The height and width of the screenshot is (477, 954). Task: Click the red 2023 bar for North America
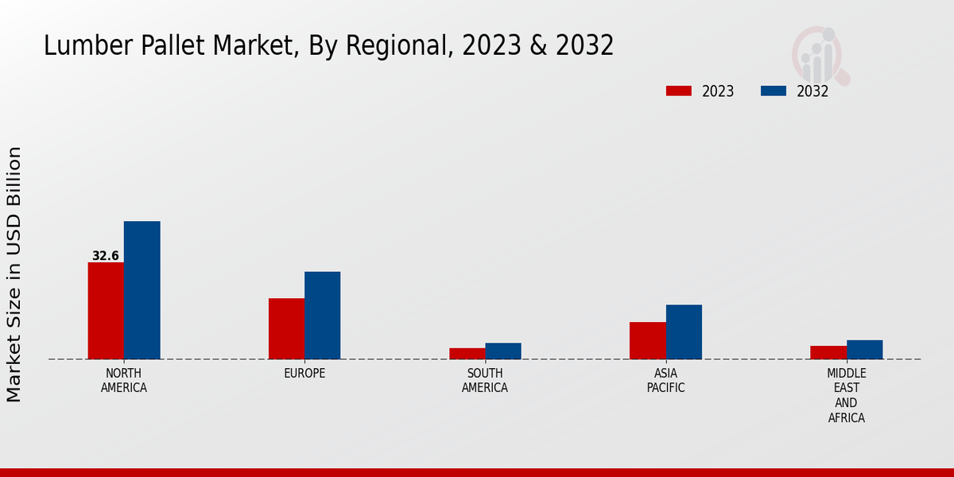[x=106, y=311]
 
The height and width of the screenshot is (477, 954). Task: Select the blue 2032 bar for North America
[x=142, y=290]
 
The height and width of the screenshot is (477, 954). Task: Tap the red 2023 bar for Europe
[x=286, y=328]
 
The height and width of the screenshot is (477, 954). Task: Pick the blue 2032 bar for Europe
[x=322, y=316]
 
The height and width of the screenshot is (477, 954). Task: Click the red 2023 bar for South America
[x=467, y=354]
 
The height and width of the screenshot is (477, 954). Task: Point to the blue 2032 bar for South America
[x=503, y=351]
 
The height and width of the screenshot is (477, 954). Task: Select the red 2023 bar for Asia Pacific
[x=647, y=340]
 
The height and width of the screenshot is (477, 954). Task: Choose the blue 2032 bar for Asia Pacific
[x=684, y=332]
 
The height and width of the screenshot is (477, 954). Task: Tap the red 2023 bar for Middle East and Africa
[x=828, y=352]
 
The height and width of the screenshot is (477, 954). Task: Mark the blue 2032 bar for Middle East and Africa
[x=864, y=350]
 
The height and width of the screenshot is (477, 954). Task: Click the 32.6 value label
[x=105, y=256]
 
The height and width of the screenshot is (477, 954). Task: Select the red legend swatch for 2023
[x=678, y=91]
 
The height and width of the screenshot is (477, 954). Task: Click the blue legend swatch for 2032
[x=773, y=91]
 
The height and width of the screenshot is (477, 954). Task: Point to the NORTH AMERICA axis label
[x=124, y=381]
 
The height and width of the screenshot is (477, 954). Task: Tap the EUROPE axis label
[x=304, y=374]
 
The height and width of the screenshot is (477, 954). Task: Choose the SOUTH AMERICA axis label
[x=485, y=381]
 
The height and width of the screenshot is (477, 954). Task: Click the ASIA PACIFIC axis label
[x=665, y=381]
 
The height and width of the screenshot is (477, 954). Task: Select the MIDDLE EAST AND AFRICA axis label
[x=846, y=395]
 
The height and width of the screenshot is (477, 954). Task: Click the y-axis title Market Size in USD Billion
[x=14, y=274]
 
